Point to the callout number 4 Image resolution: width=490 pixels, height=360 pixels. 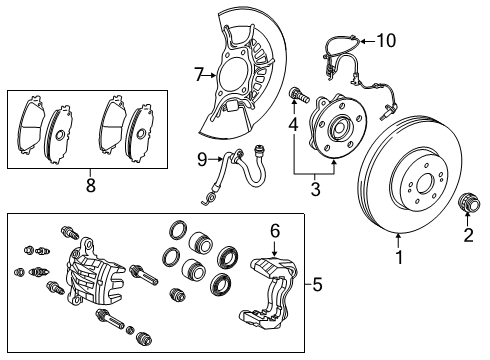click(294, 125)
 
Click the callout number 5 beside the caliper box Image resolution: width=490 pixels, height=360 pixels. click(318, 284)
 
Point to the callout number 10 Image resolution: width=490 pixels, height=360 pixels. click(386, 40)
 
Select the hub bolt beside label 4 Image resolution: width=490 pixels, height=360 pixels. click(298, 98)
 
